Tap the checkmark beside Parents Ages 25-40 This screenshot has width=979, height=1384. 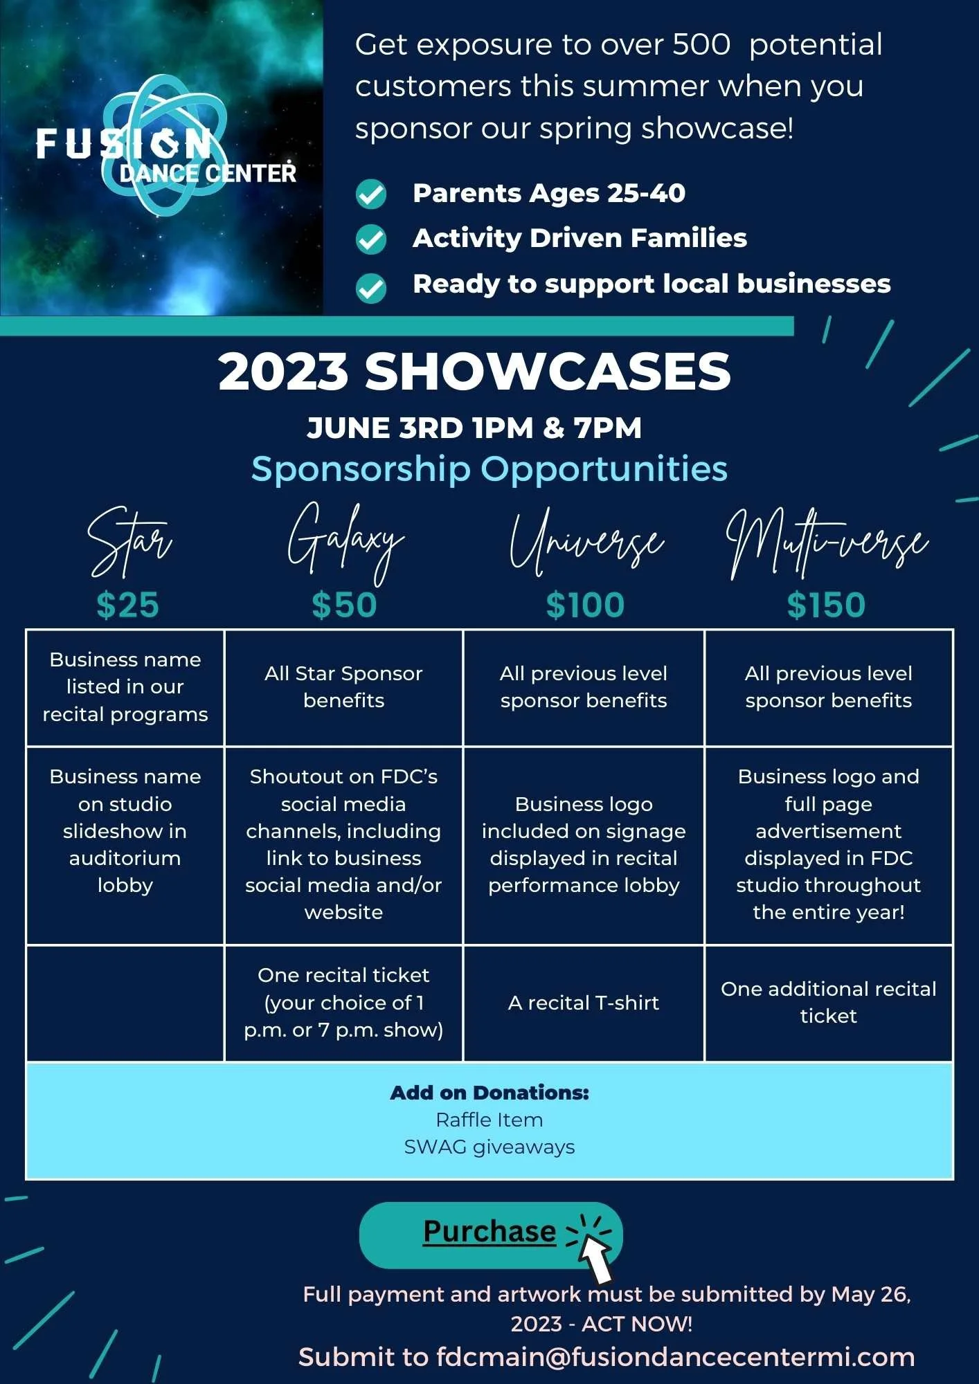[x=371, y=194]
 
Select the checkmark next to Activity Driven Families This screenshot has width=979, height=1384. [x=371, y=239]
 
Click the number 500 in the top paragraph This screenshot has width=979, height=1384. [x=701, y=45]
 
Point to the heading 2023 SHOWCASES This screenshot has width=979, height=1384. [x=474, y=371]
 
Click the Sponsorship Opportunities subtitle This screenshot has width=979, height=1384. [x=489, y=469]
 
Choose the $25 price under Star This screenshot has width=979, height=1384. [x=128, y=605]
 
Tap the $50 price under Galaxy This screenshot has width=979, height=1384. [x=344, y=605]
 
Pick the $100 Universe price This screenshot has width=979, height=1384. [x=585, y=605]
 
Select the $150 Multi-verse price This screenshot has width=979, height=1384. [x=826, y=605]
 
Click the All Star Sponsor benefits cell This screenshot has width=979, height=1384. [x=343, y=687]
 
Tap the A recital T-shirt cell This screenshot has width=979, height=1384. [x=584, y=1003]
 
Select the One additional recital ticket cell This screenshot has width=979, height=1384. [x=828, y=1003]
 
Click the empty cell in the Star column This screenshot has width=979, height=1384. [x=125, y=1003]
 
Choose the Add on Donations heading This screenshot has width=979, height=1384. [x=489, y=1093]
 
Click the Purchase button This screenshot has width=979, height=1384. [x=489, y=1232]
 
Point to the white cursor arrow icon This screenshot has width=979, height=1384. [x=595, y=1257]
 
